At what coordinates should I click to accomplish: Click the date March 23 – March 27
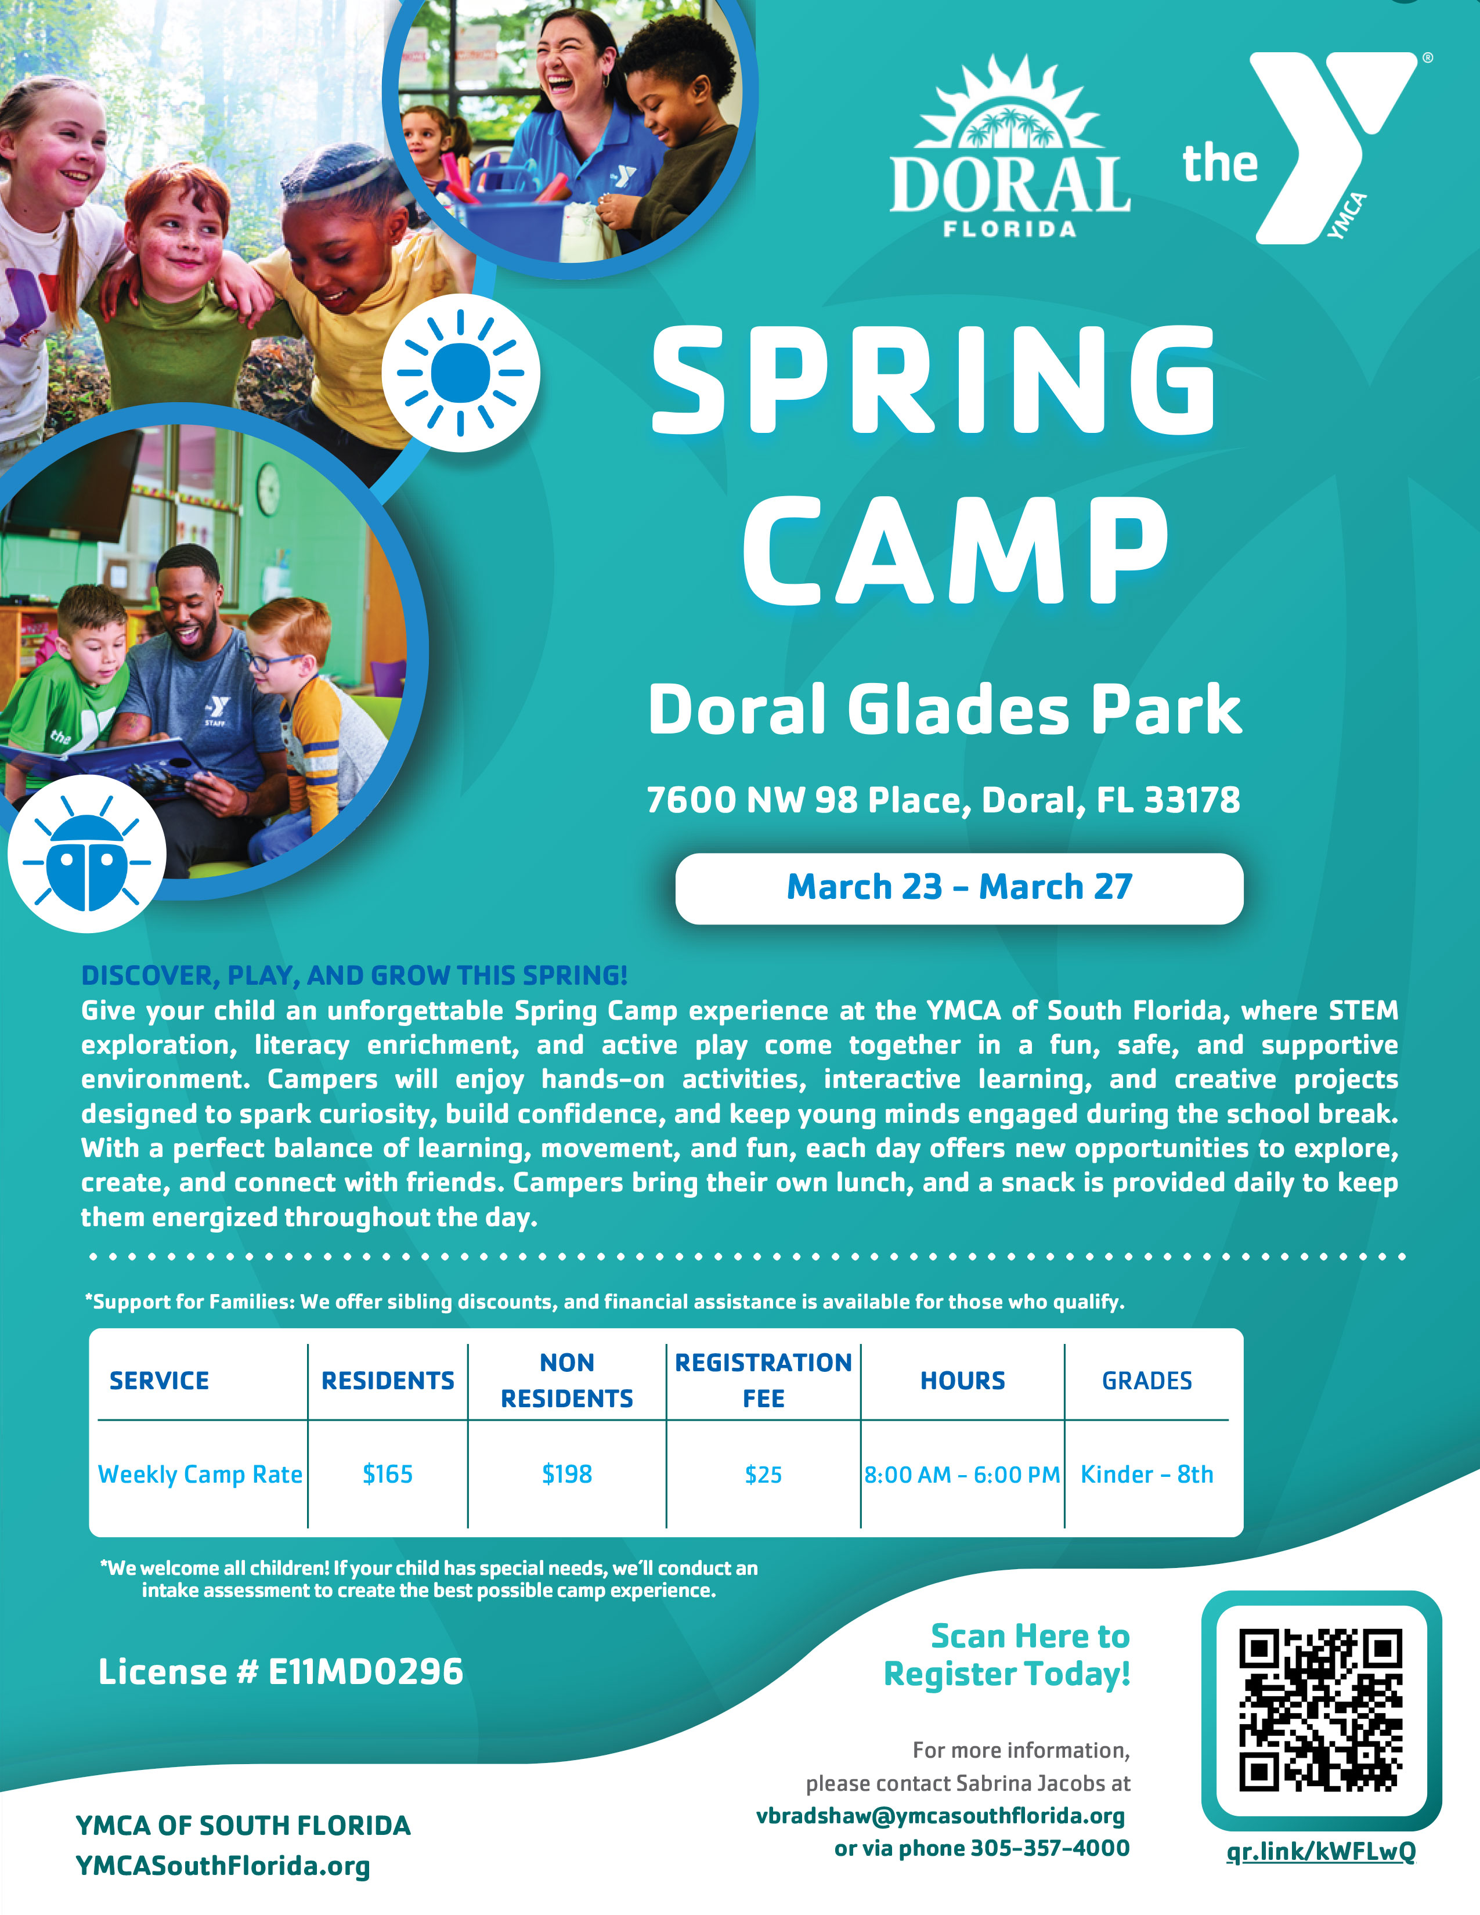pyautogui.click(x=959, y=887)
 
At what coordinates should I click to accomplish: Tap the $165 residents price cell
pyautogui.click(x=388, y=1474)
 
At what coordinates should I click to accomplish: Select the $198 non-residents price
pyautogui.click(x=566, y=1474)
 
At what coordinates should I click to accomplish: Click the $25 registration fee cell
pyautogui.click(x=763, y=1475)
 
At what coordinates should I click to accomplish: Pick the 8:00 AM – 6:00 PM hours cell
pyautogui.click(x=962, y=1475)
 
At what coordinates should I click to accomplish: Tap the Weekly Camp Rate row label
pyautogui.click(x=200, y=1474)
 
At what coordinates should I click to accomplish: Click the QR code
pyautogui.click(x=1320, y=1710)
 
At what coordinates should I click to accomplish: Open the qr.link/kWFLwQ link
pyautogui.click(x=1320, y=1851)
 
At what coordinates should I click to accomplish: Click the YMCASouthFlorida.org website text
pyautogui.click(x=223, y=1866)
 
